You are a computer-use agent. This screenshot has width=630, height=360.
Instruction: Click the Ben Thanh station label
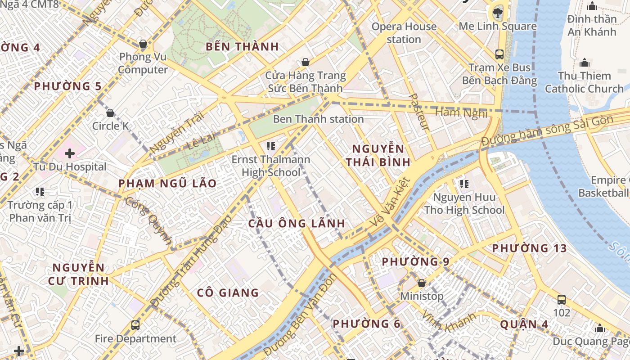click(x=318, y=119)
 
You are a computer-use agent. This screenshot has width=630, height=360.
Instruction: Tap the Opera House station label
click(x=404, y=33)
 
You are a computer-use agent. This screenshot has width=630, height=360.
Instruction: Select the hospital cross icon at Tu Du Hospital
click(x=70, y=153)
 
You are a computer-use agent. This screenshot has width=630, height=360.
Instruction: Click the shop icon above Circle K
click(x=110, y=113)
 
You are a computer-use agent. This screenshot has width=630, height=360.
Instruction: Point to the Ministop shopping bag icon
click(x=422, y=283)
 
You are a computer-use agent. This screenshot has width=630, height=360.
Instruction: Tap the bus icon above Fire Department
click(x=135, y=325)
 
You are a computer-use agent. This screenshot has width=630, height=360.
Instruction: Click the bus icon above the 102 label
click(x=562, y=299)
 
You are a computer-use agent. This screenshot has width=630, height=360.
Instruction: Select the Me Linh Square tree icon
click(x=498, y=12)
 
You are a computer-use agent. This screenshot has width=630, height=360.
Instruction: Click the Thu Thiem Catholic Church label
click(x=584, y=82)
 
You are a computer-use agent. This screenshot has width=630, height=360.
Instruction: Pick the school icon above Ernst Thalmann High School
click(x=270, y=146)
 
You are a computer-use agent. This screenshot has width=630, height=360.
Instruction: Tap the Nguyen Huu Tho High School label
click(x=464, y=203)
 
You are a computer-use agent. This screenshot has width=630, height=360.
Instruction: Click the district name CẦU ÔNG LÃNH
click(x=297, y=223)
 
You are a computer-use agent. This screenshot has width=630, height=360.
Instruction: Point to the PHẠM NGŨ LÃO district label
click(x=167, y=184)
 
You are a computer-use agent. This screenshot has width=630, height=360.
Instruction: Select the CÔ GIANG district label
click(x=228, y=293)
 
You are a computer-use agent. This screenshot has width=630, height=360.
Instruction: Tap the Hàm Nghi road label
click(x=461, y=112)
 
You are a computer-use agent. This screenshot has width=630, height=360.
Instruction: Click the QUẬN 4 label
click(x=518, y=324)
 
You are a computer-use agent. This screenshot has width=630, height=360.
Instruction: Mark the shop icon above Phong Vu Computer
click(x=143, y=44)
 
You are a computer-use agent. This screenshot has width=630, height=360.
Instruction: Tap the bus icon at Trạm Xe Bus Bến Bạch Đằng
click(x=499, y=54)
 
